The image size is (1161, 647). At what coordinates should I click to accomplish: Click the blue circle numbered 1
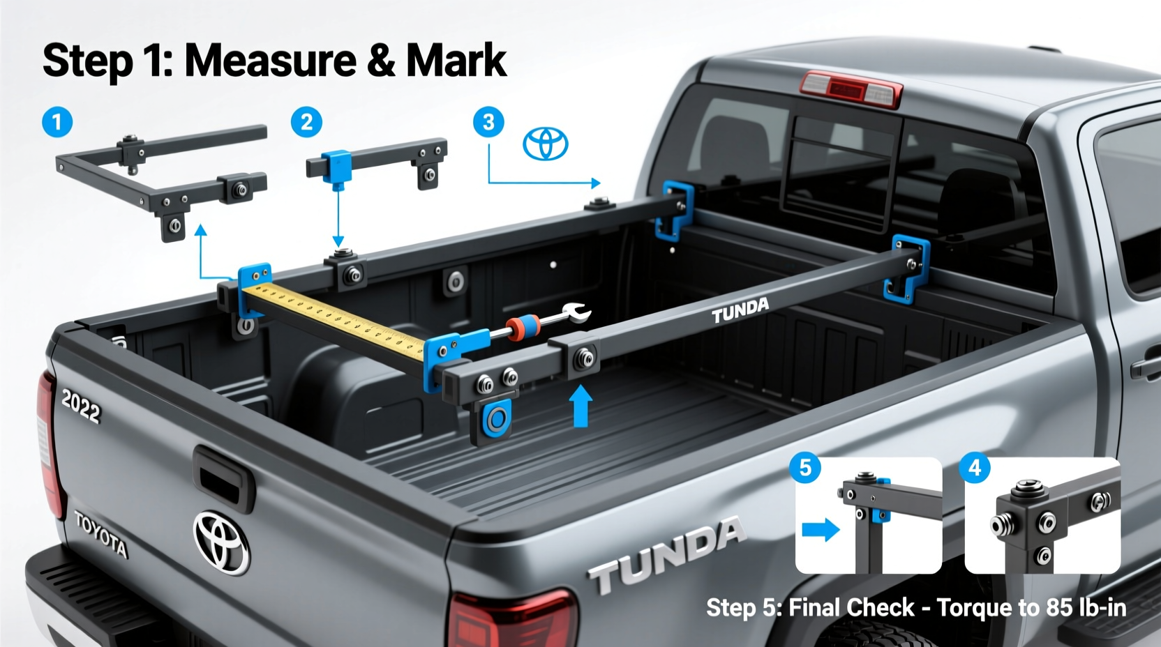[57, 123]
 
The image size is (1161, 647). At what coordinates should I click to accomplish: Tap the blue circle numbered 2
[306, 123]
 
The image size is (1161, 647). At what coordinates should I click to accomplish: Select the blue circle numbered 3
[488, 123]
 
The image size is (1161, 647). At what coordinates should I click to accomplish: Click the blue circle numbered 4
[975, 467]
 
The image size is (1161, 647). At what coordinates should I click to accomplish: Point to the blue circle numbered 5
[805, 467]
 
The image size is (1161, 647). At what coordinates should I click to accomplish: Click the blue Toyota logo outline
[546, 144]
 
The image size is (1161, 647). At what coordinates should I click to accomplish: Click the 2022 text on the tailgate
[81, 406]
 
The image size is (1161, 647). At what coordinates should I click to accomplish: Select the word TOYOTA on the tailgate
[101, 534]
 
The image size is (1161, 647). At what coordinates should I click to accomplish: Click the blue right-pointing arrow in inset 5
[821, 529]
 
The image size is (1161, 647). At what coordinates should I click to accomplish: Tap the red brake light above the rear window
[851, 89]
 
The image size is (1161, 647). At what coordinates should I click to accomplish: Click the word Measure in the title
[271, 61]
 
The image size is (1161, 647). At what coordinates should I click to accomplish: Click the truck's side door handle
[1146, 367]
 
